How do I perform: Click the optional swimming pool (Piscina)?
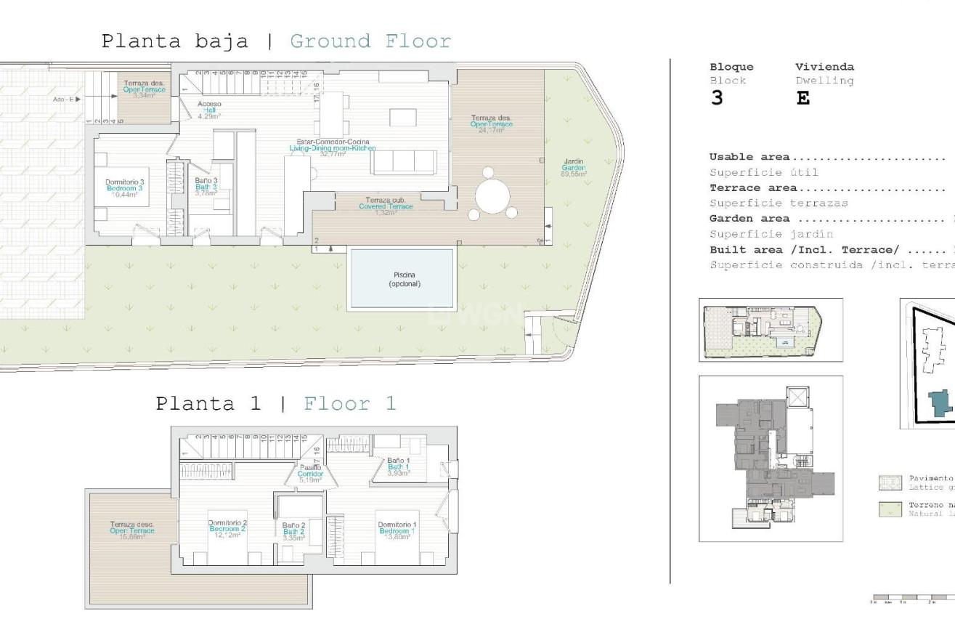click(x=402, y=279)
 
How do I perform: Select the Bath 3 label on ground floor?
click(x=206, y=187)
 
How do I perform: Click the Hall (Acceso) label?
click(x=209, y=110)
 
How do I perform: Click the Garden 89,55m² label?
click(x=574, y=168)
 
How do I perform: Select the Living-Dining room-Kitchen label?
click(x=332, y=147)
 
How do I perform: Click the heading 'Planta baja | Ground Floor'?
click(x=276, y=41)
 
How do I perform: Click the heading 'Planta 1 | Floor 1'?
click(x=276, y=404)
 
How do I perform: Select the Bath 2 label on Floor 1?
click(x=293, y=532)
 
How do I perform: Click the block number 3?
click(x=717, y=99)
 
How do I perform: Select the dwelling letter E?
click(x=802, y=99)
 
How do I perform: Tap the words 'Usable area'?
click(x=750, y=157)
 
